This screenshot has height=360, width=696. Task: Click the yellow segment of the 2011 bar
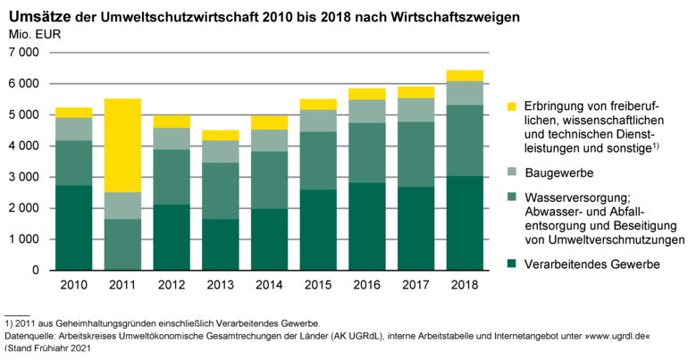123,145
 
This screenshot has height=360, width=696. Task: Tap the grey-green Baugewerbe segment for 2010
73,129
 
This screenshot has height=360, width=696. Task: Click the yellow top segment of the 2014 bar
270,121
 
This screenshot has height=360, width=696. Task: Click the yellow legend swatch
511,106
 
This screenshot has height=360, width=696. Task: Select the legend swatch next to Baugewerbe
511,172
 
